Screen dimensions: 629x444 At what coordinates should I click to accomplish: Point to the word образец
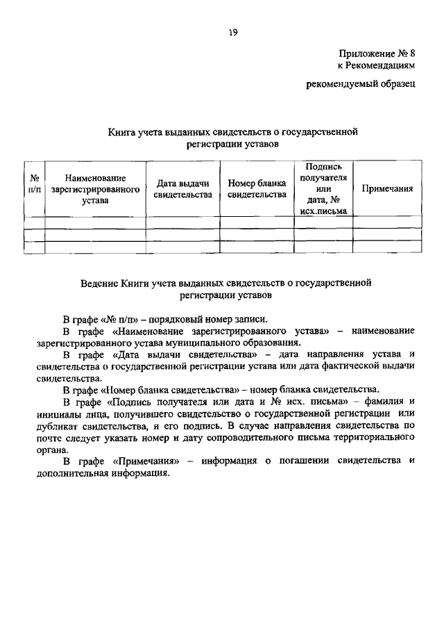395,85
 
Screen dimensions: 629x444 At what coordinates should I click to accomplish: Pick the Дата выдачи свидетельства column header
182,188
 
